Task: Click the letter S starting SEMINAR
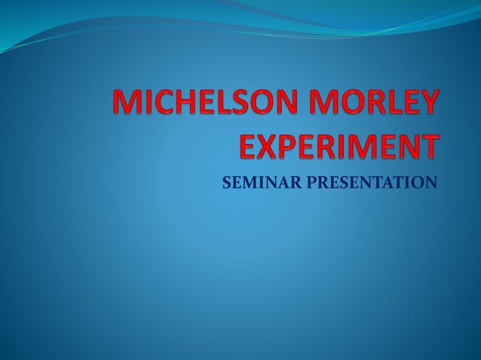(226, 182)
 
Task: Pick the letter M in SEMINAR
(247, 182)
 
